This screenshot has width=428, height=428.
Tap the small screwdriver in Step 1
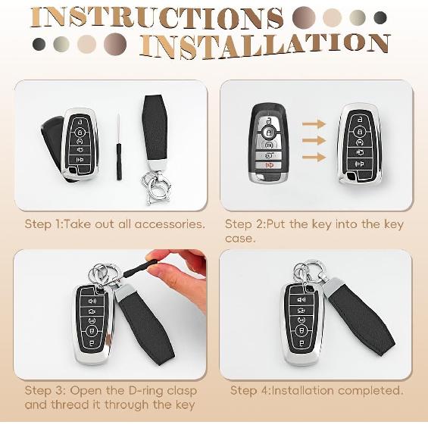pyautogui.click(x=119, y=148)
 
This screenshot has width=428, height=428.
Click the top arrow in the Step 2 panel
pyautogui.click(x=312, y=123)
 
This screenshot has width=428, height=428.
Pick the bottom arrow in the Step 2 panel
pyautogui.click(x=312, y=157)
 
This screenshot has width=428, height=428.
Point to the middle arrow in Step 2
pyautogui.click(x=312, y=140)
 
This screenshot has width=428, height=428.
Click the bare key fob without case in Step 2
pyautogui.click(x=268, y=144)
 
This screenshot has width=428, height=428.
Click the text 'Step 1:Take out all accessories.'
pyautogui.click(x=115, y=224)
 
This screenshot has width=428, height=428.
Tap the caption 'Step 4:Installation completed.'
pyautogui.click(x=316, y=391)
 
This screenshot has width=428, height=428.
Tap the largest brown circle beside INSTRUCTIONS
pyautogui.click(x=304, y=17)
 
